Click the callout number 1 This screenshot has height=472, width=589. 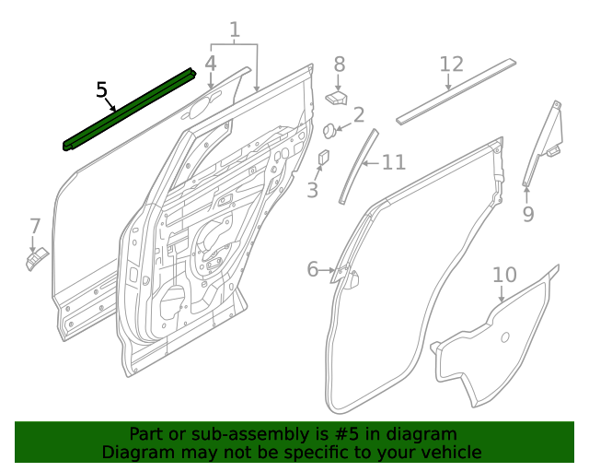click(235, 29)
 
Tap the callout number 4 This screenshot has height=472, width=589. click(211, 64)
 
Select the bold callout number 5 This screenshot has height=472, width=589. click(102, 90)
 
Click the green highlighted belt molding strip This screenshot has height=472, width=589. click(129, 108)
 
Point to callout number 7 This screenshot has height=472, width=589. click(35, 226)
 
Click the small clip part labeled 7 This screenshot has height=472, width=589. click(35, 261)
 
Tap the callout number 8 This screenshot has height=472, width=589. click(339, 64)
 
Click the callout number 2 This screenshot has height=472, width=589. click(358, 115)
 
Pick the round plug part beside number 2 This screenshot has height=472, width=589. click(329, 129)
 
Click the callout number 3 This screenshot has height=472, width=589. click(312, 191)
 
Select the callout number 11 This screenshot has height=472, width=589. click(393, 163)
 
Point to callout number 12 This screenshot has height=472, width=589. click(451, 64)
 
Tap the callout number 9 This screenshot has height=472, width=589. click(527, 215)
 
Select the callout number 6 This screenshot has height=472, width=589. click(313, 269)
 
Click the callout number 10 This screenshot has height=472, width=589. click(504, 275)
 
